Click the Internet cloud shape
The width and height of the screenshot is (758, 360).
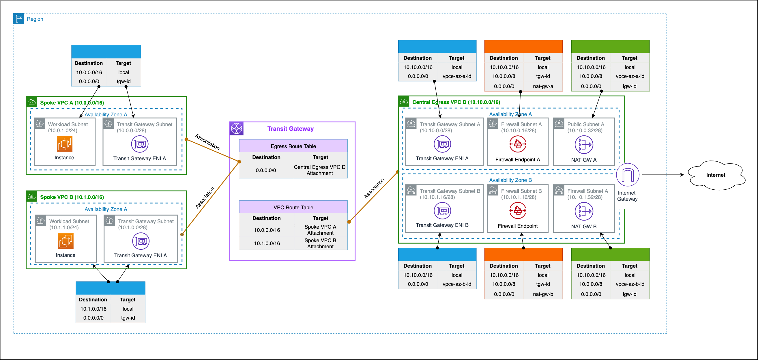[x=716, y=175]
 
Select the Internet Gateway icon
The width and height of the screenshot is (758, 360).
[x=627, y=175]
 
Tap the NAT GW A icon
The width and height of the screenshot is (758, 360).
[x=584, y=145]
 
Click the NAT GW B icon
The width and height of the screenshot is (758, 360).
[x=584, y=211]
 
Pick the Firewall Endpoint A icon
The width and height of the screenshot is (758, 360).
[x=518, y=144]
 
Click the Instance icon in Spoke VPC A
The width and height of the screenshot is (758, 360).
[x=64, y=144]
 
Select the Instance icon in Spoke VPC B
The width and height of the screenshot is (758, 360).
[x=65, y=241]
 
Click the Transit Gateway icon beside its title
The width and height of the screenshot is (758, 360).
[x=237, y=129]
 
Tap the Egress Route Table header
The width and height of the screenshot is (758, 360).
[x=293, y=146]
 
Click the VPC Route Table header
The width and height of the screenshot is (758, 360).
[x=293, y=208]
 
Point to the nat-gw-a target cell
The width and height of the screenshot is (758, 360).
[x=543, y=86]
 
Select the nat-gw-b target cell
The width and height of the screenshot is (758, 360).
[x=543, y=294]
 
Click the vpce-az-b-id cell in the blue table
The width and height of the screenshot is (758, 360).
[x=457, y=284]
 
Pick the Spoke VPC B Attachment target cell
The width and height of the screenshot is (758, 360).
[x=320, y=243]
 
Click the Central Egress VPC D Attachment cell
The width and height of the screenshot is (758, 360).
[x=320, y=170]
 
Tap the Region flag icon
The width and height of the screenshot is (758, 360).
[x=18, y=19]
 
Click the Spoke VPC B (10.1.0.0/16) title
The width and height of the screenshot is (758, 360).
[x=72, y=197]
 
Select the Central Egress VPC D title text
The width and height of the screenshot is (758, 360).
[x=456, y=102]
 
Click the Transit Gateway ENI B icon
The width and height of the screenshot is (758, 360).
[x=442, y=211]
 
